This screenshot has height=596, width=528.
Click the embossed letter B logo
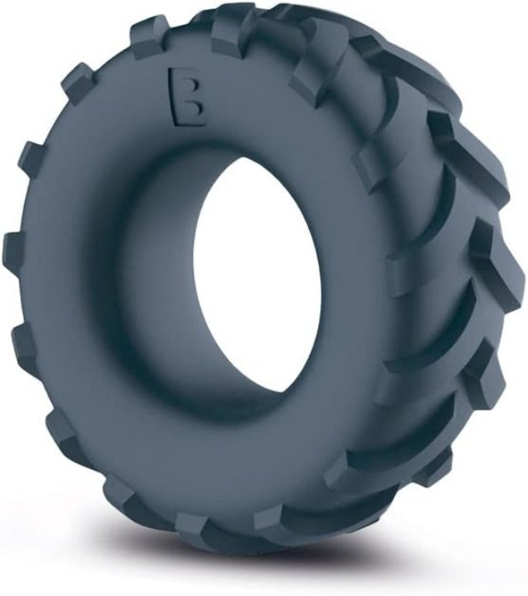[188, 96]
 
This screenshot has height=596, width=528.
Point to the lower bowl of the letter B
[195, 110]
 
